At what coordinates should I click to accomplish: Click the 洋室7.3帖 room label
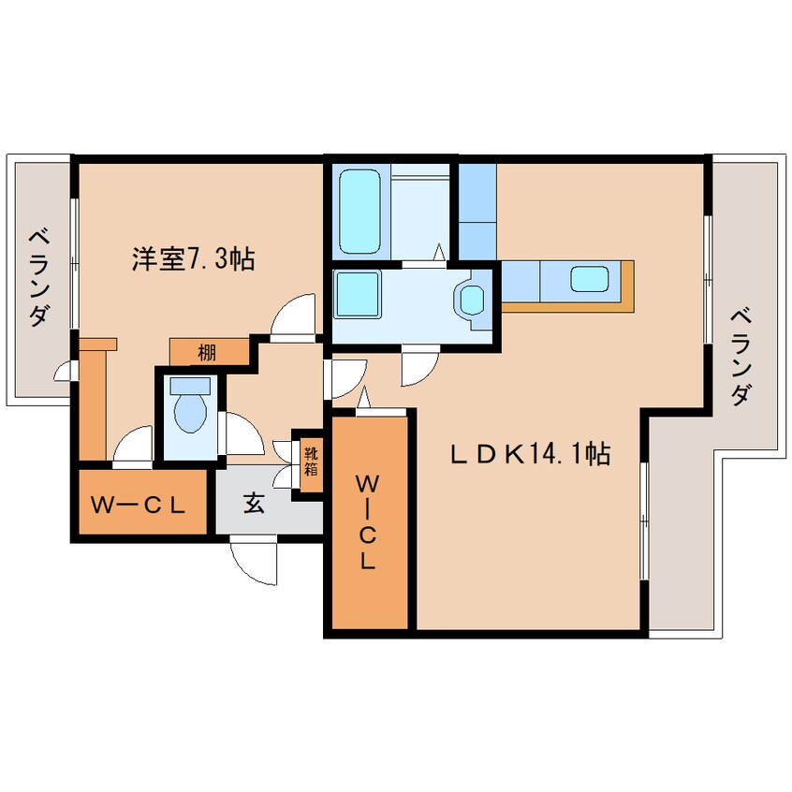(193, 259)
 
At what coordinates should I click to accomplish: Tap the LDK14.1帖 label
(532, 455)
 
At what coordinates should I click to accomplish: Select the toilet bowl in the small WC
(191, 412)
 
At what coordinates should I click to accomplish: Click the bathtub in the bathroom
(357, 212)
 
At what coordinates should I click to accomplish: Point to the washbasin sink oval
(470, 299)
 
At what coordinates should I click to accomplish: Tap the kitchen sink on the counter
(590, 278)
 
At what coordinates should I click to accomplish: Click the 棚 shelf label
(208, 352)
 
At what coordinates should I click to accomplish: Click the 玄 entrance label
(255, 504)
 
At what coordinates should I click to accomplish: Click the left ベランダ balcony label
(38, 276)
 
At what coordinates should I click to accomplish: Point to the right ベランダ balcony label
(741, 356)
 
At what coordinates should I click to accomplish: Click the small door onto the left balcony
(66, 373)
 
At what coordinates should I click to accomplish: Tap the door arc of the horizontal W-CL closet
(134, 444)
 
